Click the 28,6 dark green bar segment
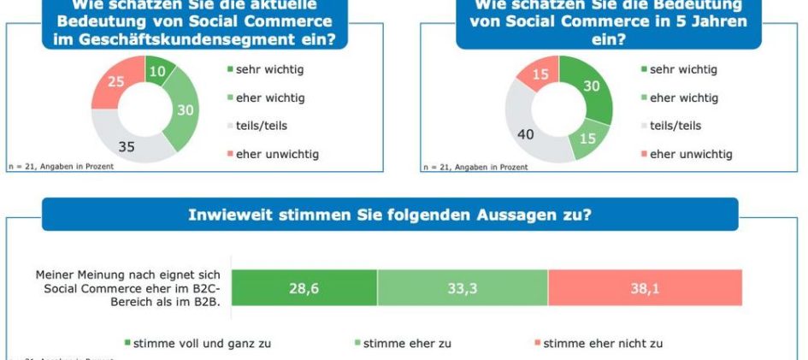point(304,287)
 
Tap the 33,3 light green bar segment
point(462,287)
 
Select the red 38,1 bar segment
point(645,287)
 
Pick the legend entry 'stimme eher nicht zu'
point(603,344)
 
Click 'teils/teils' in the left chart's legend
point(262,125)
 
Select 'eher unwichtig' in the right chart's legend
point(691,154)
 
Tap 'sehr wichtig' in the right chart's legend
point(683,69)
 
